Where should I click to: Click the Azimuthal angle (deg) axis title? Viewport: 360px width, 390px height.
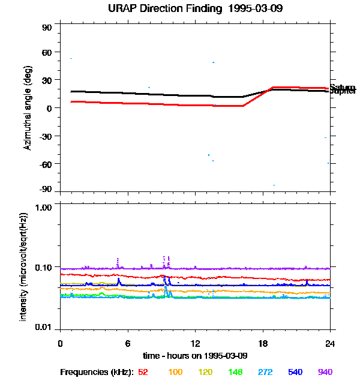[x=28, y=108]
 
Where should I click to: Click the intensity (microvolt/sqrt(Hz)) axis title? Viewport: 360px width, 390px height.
[x=24, y=266]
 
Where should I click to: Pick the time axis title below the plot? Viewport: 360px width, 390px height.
[x=195, y=355]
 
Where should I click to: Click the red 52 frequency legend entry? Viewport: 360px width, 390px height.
[x=143, y=372]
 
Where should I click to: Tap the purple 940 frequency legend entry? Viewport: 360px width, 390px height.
[x=325, y=372]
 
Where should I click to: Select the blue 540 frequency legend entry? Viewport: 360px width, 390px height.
[x=294, y=372]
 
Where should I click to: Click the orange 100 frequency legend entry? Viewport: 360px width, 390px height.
[x=175, y=372]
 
